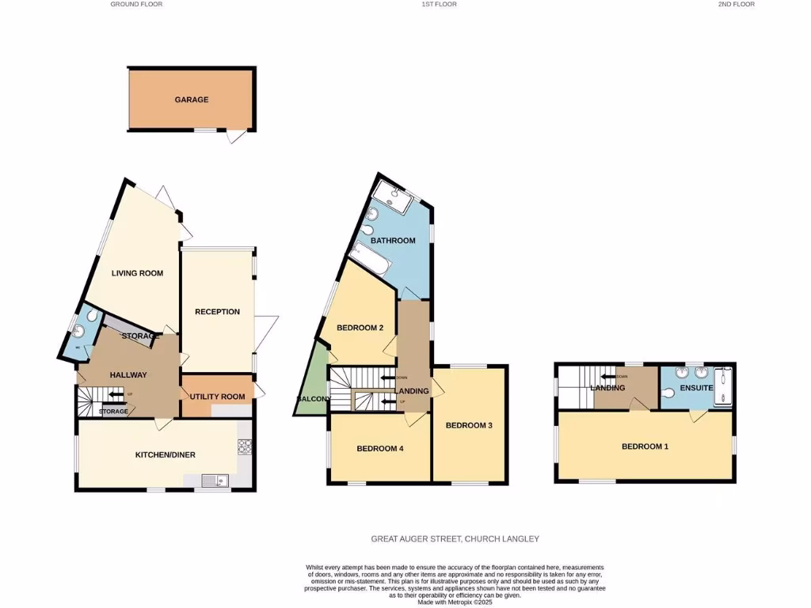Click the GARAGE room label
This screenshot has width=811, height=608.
[x=192, y=100]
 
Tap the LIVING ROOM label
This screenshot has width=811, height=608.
[x=137, y=273]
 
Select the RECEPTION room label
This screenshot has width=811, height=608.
[x=217, y=312]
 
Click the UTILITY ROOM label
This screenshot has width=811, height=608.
[x=217, y=396]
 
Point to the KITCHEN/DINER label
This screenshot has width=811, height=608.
[x=165, y=454]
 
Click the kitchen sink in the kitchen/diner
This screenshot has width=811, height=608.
[x=214, y=479]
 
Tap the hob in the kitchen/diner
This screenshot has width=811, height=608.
[x=243, y=447]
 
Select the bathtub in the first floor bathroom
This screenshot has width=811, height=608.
[x=368, y=258]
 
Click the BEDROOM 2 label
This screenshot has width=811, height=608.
[x=360, y=328]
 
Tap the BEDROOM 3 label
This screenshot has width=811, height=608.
[x=469, y=425]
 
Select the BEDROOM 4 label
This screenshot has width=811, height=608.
[x=380, y=449]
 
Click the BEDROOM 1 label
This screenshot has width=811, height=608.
[x=645, y=446]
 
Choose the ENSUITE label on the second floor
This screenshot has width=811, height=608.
[x=697, y=388]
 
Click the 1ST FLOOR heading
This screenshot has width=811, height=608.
[x=439, y=5]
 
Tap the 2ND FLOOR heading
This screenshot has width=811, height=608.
[x=736, y=5]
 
